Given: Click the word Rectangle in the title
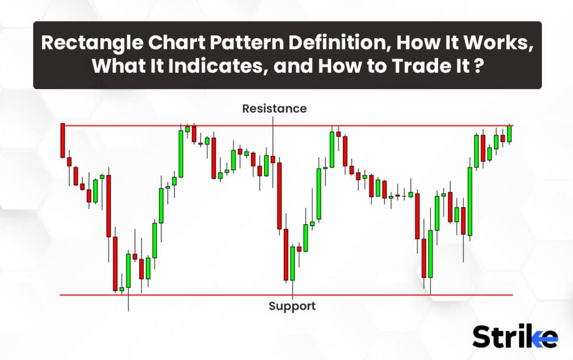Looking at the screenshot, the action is tap(92, 43).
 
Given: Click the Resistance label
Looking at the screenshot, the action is tap(274, 109).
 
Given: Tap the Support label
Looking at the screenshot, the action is tap(292, 306).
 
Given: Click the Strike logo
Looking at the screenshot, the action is tap(515, 336).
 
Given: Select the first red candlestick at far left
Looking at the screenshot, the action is tap(63, 141).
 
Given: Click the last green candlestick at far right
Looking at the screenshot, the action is tap(509, 134).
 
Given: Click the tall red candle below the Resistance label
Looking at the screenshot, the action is tap(280, 196).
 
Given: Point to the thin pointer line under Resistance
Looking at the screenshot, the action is tap(273, 137).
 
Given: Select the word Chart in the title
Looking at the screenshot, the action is tap(176, 43).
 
